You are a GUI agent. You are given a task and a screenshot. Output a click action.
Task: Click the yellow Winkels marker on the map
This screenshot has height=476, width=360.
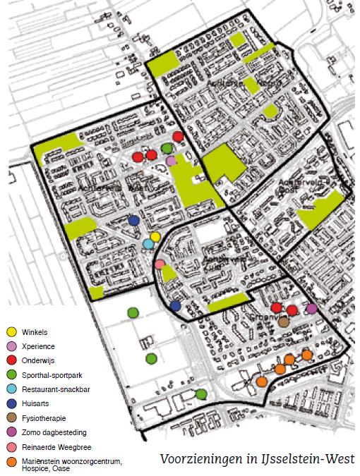click(x=155, y=236)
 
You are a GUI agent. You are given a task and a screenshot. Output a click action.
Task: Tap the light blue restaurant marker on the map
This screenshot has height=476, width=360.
click(x=148, y=244)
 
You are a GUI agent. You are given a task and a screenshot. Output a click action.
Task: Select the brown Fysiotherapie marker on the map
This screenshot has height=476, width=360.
click(x=284, y=322)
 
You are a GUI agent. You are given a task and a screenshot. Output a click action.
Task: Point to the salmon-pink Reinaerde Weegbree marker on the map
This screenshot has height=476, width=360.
click(x=160, y=265)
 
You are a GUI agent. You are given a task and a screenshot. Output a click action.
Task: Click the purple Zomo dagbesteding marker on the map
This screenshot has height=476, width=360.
click(x=312, y=308)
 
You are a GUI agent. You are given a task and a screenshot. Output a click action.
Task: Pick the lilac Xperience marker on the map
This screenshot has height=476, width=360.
click(x=172, y=161)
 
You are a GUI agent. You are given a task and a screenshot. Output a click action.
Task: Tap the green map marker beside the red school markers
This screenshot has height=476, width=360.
click(x=167, y=148)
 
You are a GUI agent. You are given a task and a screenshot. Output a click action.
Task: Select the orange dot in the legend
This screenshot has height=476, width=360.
click(x=11, y=463)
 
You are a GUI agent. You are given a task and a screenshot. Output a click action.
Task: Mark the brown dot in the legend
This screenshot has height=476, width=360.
click(x=11, y=419)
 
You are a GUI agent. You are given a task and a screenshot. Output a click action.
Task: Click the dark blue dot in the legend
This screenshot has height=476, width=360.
click(x=11, y=404)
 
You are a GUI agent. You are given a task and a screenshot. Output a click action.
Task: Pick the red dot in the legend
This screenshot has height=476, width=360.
click(x=11, y=361)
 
